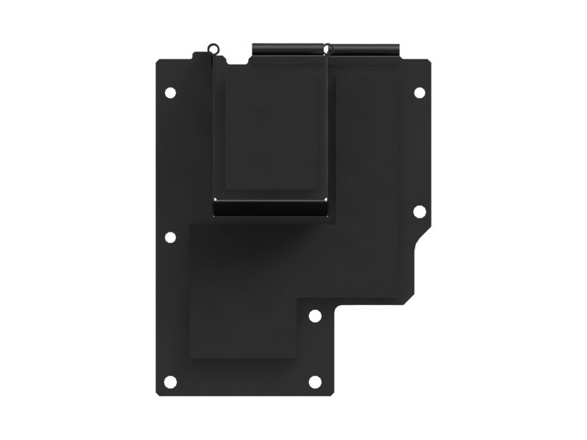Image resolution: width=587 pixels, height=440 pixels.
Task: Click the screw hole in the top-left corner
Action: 170,93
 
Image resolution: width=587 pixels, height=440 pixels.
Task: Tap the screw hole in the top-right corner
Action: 420,93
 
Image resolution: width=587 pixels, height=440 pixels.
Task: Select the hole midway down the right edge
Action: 420,211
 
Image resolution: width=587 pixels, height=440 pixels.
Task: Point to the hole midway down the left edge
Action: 170,238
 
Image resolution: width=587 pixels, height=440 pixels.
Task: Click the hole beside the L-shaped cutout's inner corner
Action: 315,316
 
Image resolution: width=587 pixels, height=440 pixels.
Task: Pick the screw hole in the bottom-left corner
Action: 170,381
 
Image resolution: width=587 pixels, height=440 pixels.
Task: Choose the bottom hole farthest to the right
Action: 315,381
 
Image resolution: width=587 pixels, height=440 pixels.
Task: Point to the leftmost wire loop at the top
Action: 212,49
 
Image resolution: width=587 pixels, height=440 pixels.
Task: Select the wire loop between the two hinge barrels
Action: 328,49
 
